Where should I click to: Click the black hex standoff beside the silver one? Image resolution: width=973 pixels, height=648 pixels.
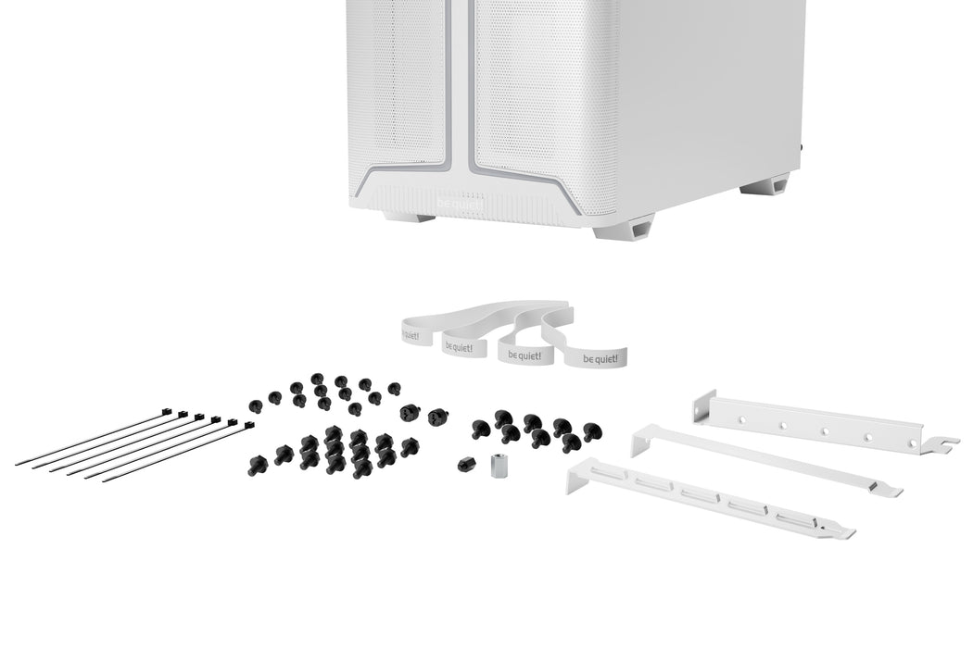[465, 463]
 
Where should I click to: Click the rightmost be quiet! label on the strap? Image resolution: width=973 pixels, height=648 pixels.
[597, 356]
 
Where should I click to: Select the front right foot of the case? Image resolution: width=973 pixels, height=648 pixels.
[624, 226]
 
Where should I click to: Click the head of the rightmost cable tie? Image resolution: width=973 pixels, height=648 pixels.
[247, 424]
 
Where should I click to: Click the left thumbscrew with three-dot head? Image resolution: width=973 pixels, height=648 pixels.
[409, 412]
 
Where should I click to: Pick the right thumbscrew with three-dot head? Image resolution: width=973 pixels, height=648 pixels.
[436, 416]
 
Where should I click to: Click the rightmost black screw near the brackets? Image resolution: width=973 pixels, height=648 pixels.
[591, 430]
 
